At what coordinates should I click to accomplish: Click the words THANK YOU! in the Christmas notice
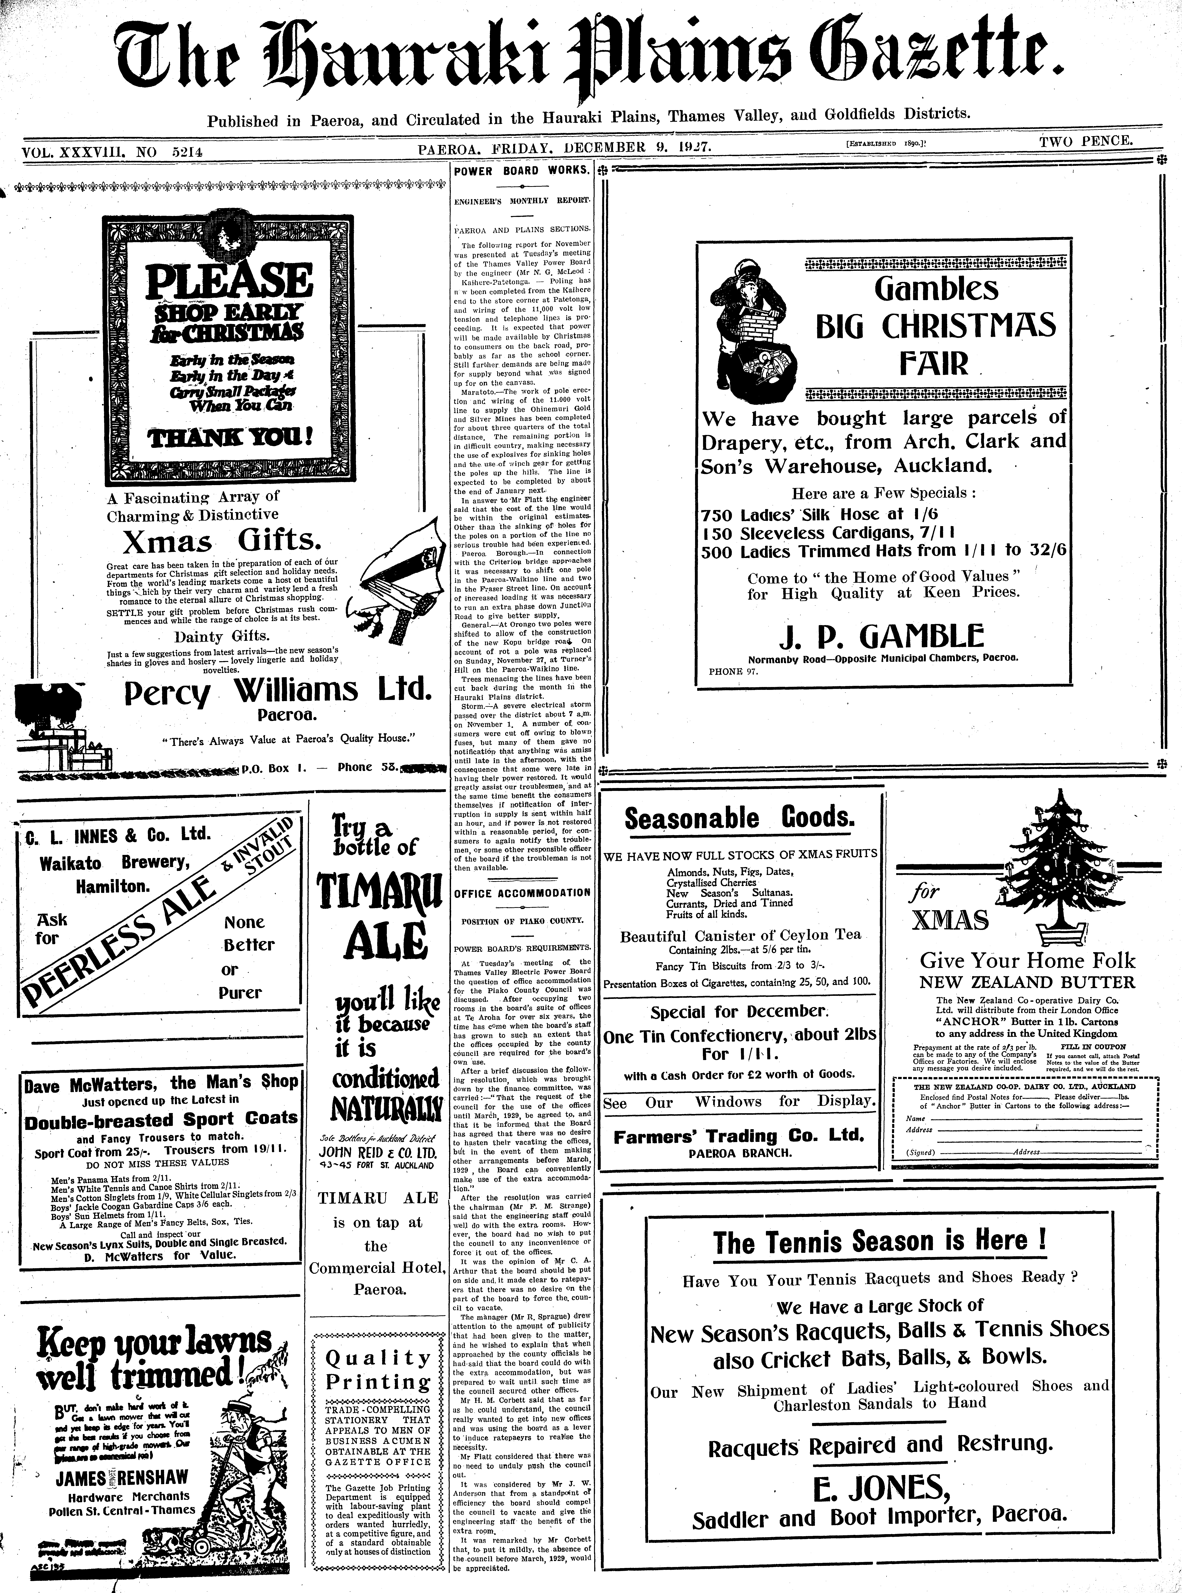coord(229,436)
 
